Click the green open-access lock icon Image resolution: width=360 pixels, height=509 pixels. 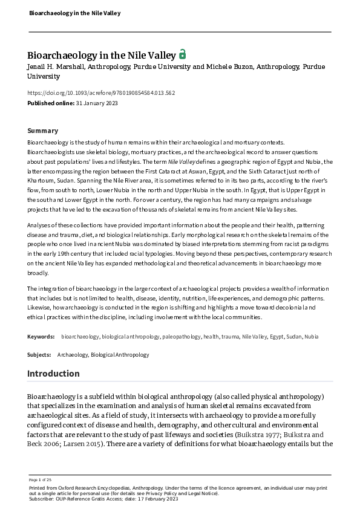click(x=183, y=54)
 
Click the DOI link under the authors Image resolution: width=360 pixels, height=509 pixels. click(x=101, y=92)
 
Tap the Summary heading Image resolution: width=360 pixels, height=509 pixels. click(x=43, y=131)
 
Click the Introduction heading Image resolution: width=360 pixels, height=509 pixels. click(x=53, y=374)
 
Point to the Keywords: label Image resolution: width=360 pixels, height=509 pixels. click(x=41, y=336)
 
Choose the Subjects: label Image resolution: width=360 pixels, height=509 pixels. click(x=40, y=355)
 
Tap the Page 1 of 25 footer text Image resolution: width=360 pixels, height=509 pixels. click(x=39, y=479)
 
